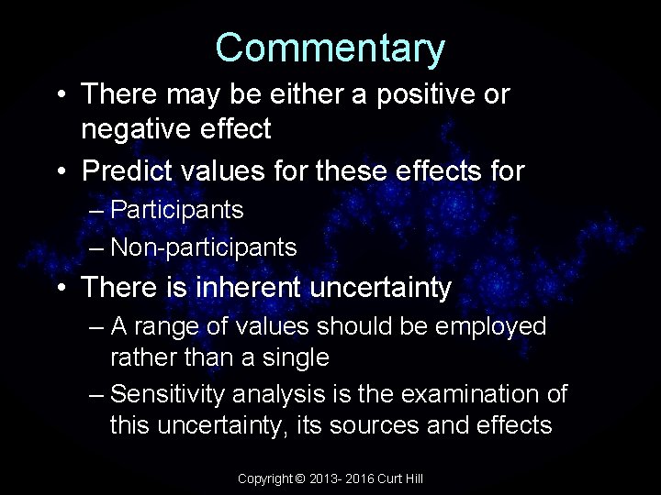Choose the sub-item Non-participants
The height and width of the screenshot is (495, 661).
(x=203, y=247)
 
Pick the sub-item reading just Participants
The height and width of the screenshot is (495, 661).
(x=176, y=210)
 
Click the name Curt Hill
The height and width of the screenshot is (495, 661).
(x=403, y=478)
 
